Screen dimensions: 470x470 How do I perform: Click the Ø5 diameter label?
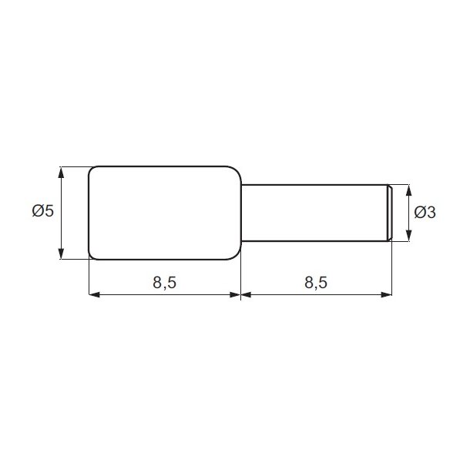(x=43, y=211)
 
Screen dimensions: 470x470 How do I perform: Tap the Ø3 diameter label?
(x=425, y=212)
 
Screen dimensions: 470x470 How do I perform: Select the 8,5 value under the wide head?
(x=164, y=282)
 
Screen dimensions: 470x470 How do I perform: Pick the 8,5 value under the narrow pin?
(x=316, y=282)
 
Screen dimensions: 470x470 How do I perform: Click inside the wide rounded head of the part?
(x=164, y=212)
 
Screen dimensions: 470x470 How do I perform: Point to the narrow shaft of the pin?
(x=312, y=212)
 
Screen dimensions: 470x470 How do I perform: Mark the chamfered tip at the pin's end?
(x=389, y=212)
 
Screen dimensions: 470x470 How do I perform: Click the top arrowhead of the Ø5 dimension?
(x=61, y=170)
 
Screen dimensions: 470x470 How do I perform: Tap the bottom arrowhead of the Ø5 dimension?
(x=61, y=254)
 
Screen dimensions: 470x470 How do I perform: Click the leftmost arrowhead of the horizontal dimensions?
(x=93, y=294)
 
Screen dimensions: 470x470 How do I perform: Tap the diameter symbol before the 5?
(x=38, y=211)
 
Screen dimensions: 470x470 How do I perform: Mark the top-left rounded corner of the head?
(x=93, y=171)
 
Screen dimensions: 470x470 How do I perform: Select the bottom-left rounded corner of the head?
(x=93, y=253)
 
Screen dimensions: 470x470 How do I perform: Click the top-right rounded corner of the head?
(x=236, y=171)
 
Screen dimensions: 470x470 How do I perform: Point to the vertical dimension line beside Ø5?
(x=61, y=231)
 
